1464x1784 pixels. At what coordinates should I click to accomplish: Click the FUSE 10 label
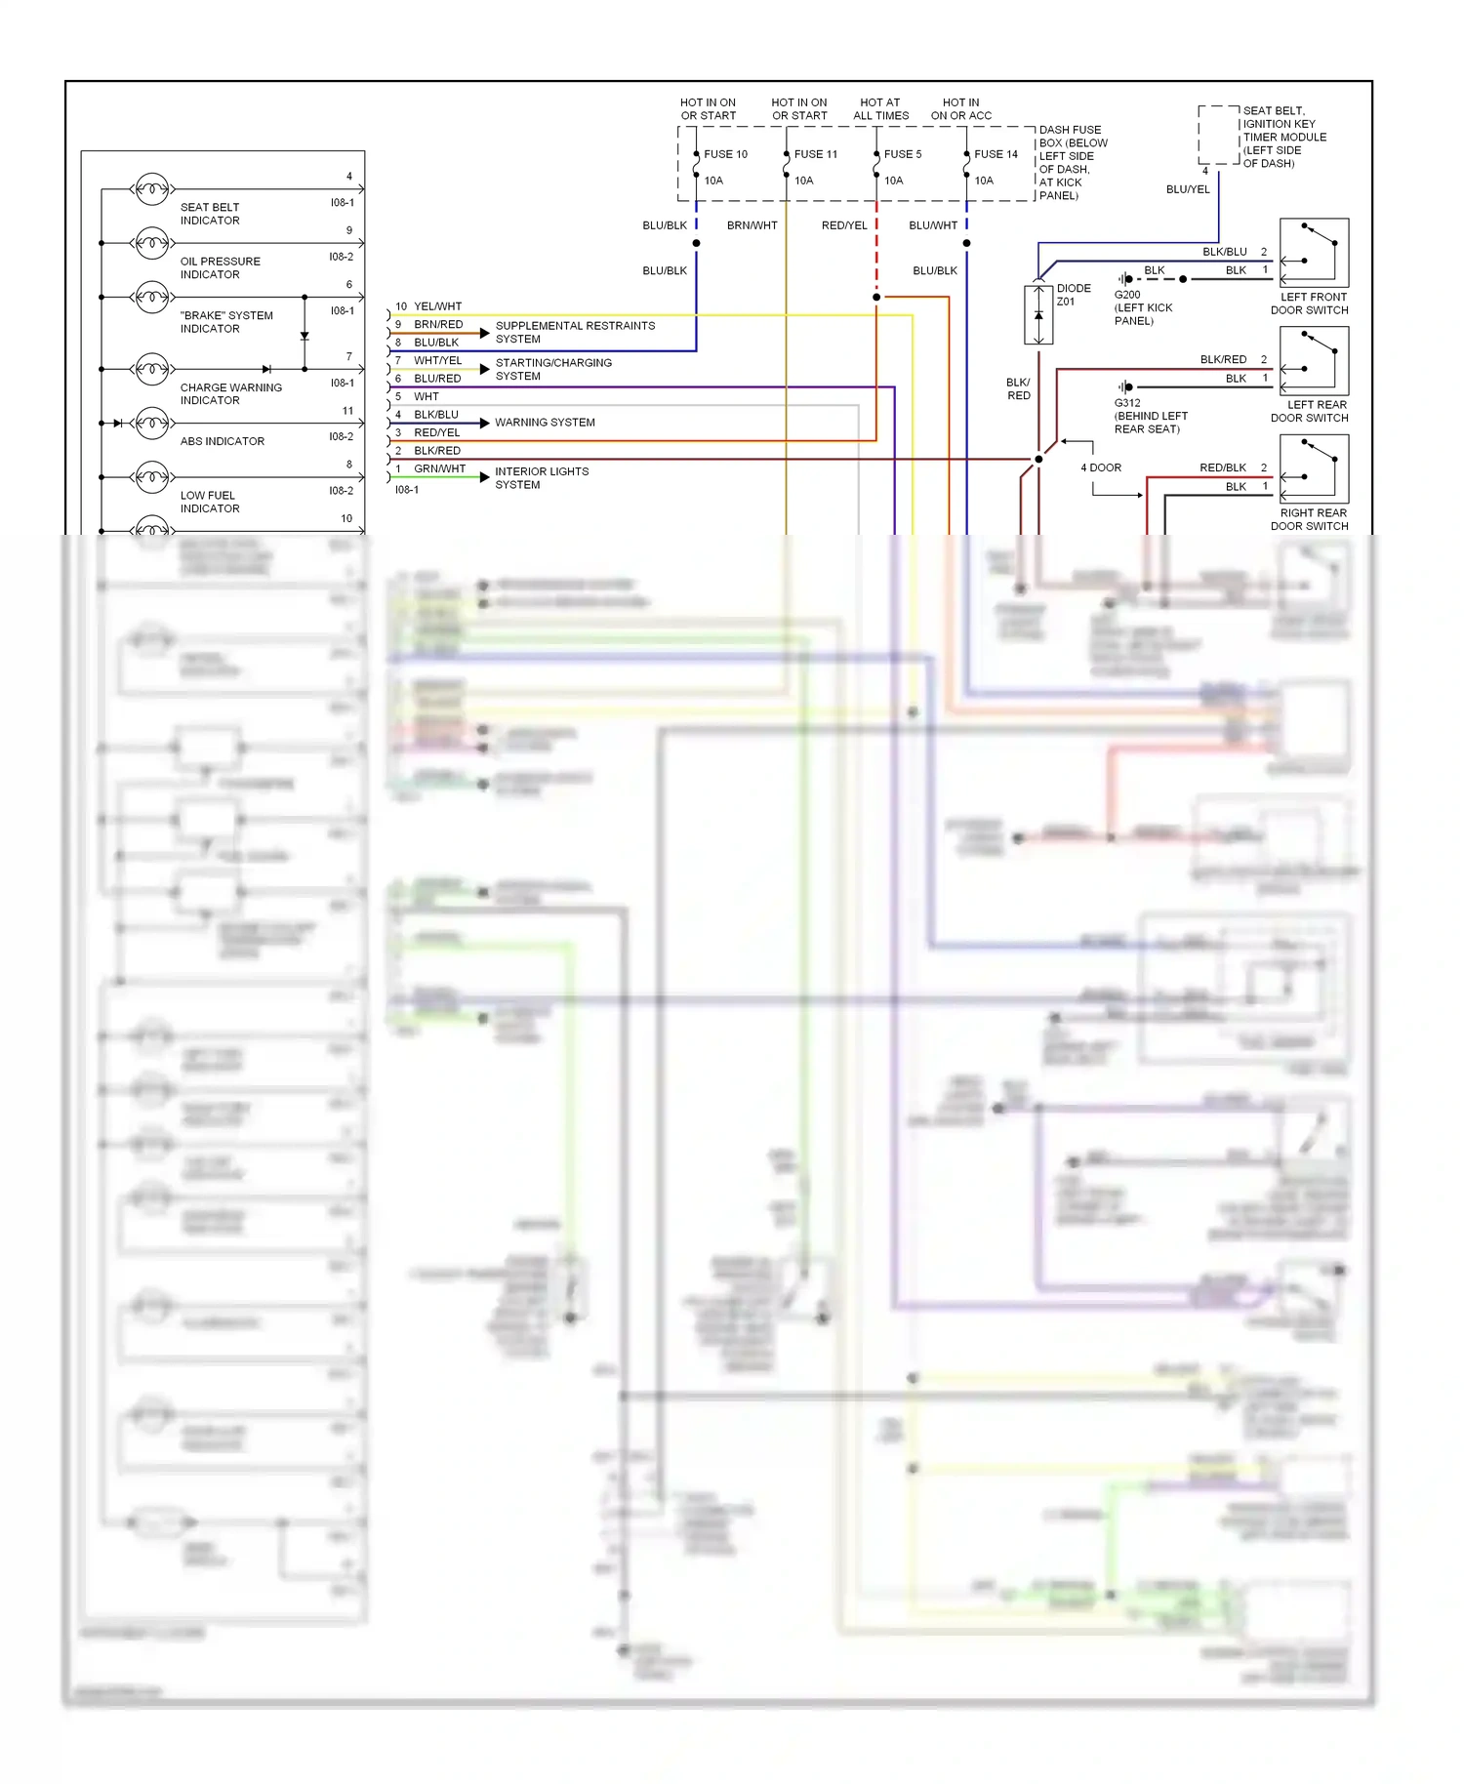tap(725, 154)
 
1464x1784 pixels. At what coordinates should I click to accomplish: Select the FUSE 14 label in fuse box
tap(996, 154)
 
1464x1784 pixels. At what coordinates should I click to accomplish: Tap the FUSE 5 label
tap(903, 154)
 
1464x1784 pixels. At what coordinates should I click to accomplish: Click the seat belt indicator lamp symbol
tap(151, 188)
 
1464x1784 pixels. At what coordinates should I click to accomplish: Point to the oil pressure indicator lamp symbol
tap(151, 242)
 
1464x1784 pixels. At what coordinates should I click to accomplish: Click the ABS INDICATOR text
tap(223, 441)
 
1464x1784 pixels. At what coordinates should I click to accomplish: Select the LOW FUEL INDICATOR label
tap(209, 502)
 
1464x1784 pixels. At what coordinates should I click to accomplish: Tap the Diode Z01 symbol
tap(1038, 314)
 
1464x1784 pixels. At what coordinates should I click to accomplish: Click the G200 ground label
tap(1127, 295)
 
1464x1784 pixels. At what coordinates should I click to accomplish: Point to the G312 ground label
tap(1127, 403)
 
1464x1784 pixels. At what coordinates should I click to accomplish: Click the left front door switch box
tap(1314, 252)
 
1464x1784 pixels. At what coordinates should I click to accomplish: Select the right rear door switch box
tap(1314, 468)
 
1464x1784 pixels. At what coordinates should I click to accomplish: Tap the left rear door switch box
tap(1314, 360)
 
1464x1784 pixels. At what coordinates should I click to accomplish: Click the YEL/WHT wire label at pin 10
tap(437, 306)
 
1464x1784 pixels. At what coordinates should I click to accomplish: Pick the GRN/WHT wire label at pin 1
tap(439, 468)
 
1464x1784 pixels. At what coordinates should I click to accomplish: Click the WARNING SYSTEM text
tap(545, 423)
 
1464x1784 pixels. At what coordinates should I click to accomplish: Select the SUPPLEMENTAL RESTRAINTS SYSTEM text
tap(575, 332)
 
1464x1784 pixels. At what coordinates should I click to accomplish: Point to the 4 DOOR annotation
tap(1101, 467)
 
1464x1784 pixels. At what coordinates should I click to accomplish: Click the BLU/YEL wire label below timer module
tap(1188, 189)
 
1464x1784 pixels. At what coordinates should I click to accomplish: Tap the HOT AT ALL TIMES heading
tap(880, 108)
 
